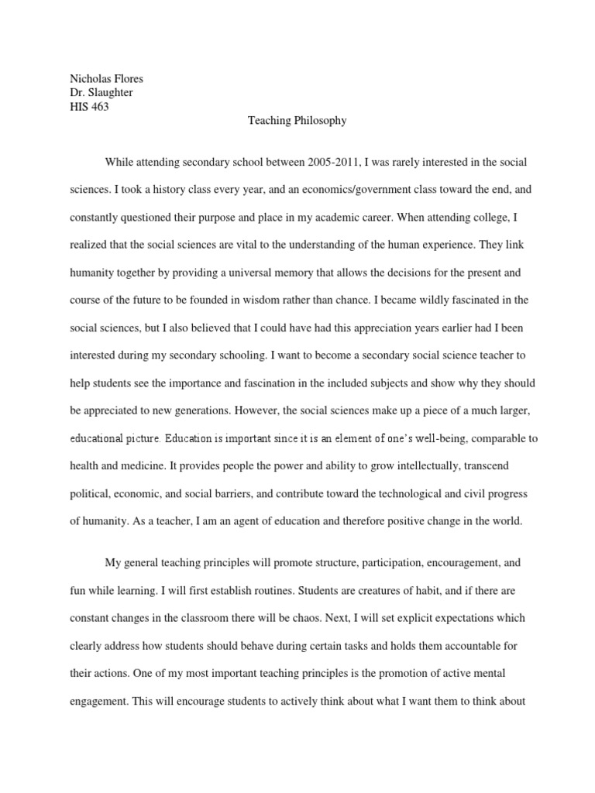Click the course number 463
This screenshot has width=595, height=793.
click(x=98, y=107)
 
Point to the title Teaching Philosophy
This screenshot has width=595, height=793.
click(x=297, y=121)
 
